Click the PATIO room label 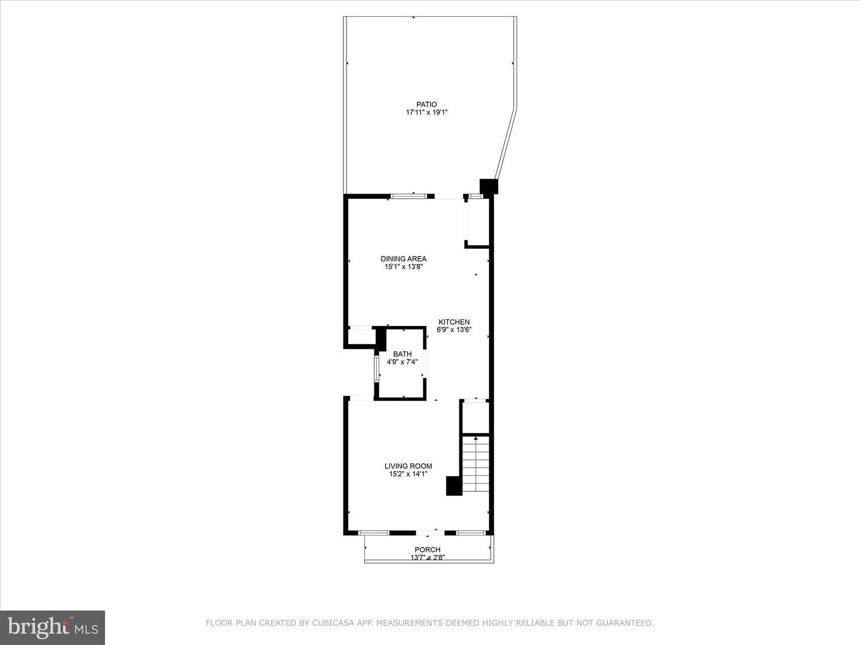coord(426,105)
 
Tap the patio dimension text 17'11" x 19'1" coord(426,112)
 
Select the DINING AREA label coord(404,259)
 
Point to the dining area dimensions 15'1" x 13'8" coord(404,267)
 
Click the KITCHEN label coord(454,322)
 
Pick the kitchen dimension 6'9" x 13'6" coord(454,330)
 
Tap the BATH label coord(403,354)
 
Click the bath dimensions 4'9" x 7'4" coord(403,362)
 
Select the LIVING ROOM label coord(408,466)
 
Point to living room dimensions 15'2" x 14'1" coord(408,474)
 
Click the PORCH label coord(428,549)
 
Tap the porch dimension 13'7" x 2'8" coord(428,557)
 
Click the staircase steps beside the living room coord(476,465)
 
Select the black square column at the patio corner coord(489,186)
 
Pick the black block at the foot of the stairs coord(454,486)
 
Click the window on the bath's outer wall coord(376,369)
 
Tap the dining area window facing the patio coord(408,196)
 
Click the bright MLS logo coord(53,628)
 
